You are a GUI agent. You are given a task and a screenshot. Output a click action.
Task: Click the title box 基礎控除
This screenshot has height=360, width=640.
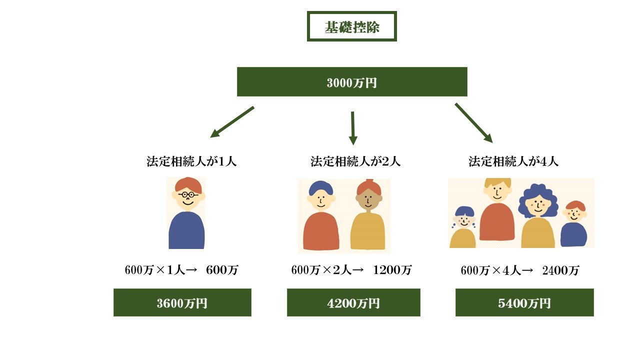(x=351, y=26)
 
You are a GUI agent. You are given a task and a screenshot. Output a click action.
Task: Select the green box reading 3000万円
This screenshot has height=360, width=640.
(x=351, y=82)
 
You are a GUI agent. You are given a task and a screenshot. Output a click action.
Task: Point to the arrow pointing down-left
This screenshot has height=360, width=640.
(x=232, y=121)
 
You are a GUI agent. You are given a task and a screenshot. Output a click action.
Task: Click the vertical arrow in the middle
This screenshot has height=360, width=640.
(x=353, y=127)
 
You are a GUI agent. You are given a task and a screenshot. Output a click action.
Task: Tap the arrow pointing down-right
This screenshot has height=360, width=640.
(x=473, y=122)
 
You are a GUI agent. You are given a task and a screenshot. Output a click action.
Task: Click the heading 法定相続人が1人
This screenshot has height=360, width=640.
(x=191, y=161)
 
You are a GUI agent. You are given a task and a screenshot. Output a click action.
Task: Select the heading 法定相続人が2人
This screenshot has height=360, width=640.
(x=355, y=161)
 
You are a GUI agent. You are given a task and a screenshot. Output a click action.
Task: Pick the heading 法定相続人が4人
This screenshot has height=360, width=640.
(x=513, y=161)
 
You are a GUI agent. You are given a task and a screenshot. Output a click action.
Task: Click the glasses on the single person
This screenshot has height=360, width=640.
(x=187, y=194)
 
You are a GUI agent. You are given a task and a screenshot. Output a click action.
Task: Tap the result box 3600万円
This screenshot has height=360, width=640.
(x=182, y=302)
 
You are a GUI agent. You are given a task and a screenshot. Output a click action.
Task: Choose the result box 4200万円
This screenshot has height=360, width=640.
(x=353, y=302)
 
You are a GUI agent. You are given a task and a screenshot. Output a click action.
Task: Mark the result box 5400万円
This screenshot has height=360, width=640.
(x=524, y=302)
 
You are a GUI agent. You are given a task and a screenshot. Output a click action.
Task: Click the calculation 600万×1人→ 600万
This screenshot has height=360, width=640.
(x=181, y=270)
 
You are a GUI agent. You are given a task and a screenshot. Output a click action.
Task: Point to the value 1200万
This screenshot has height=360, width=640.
(x=392, y=270)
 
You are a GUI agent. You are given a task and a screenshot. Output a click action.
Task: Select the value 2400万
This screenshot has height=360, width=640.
(x=560, y=270)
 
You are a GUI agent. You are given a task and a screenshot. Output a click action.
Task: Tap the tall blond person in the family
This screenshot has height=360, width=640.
(x=496, y=210)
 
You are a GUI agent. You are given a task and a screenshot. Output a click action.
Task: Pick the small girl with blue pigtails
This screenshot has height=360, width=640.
(x=463, y=227)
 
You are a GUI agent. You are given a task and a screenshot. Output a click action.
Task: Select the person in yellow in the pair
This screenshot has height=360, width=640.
(x=367, y=217)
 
